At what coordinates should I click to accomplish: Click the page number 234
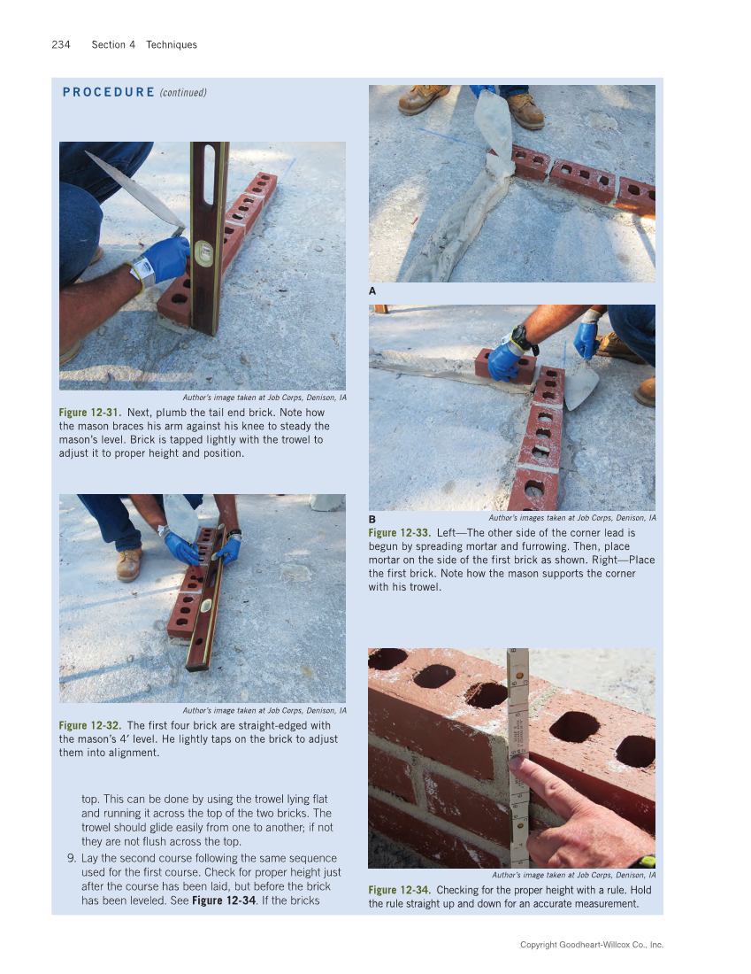[x=60, y=44]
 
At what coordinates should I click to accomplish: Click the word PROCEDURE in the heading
[x=109, y=92]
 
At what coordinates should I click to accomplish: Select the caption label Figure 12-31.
[x=91, y=413]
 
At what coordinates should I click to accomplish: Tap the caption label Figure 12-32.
[x=91, y=725]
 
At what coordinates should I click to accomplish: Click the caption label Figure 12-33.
[x=400, y=533]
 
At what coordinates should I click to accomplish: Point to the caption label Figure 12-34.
[x=400, y=890]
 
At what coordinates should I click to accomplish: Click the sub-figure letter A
[x=372, y=290]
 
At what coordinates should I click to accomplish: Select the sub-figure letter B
[x=372, y=519]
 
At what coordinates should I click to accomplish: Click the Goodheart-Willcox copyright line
[x=591, y=945]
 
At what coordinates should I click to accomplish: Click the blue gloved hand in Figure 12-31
[x=165, y=258]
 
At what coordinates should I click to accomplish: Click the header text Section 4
[x=113, y=44]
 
